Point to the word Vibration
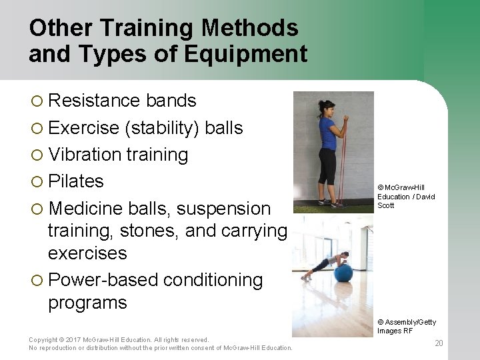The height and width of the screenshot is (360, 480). (86, 155)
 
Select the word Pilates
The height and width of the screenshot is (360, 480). (76, 181)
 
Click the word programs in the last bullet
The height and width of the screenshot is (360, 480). (87, 303)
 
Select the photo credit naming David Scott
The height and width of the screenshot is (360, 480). (405, 197)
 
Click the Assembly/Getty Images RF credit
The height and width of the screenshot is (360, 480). (407, 327)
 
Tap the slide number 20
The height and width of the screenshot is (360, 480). (438, 343)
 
